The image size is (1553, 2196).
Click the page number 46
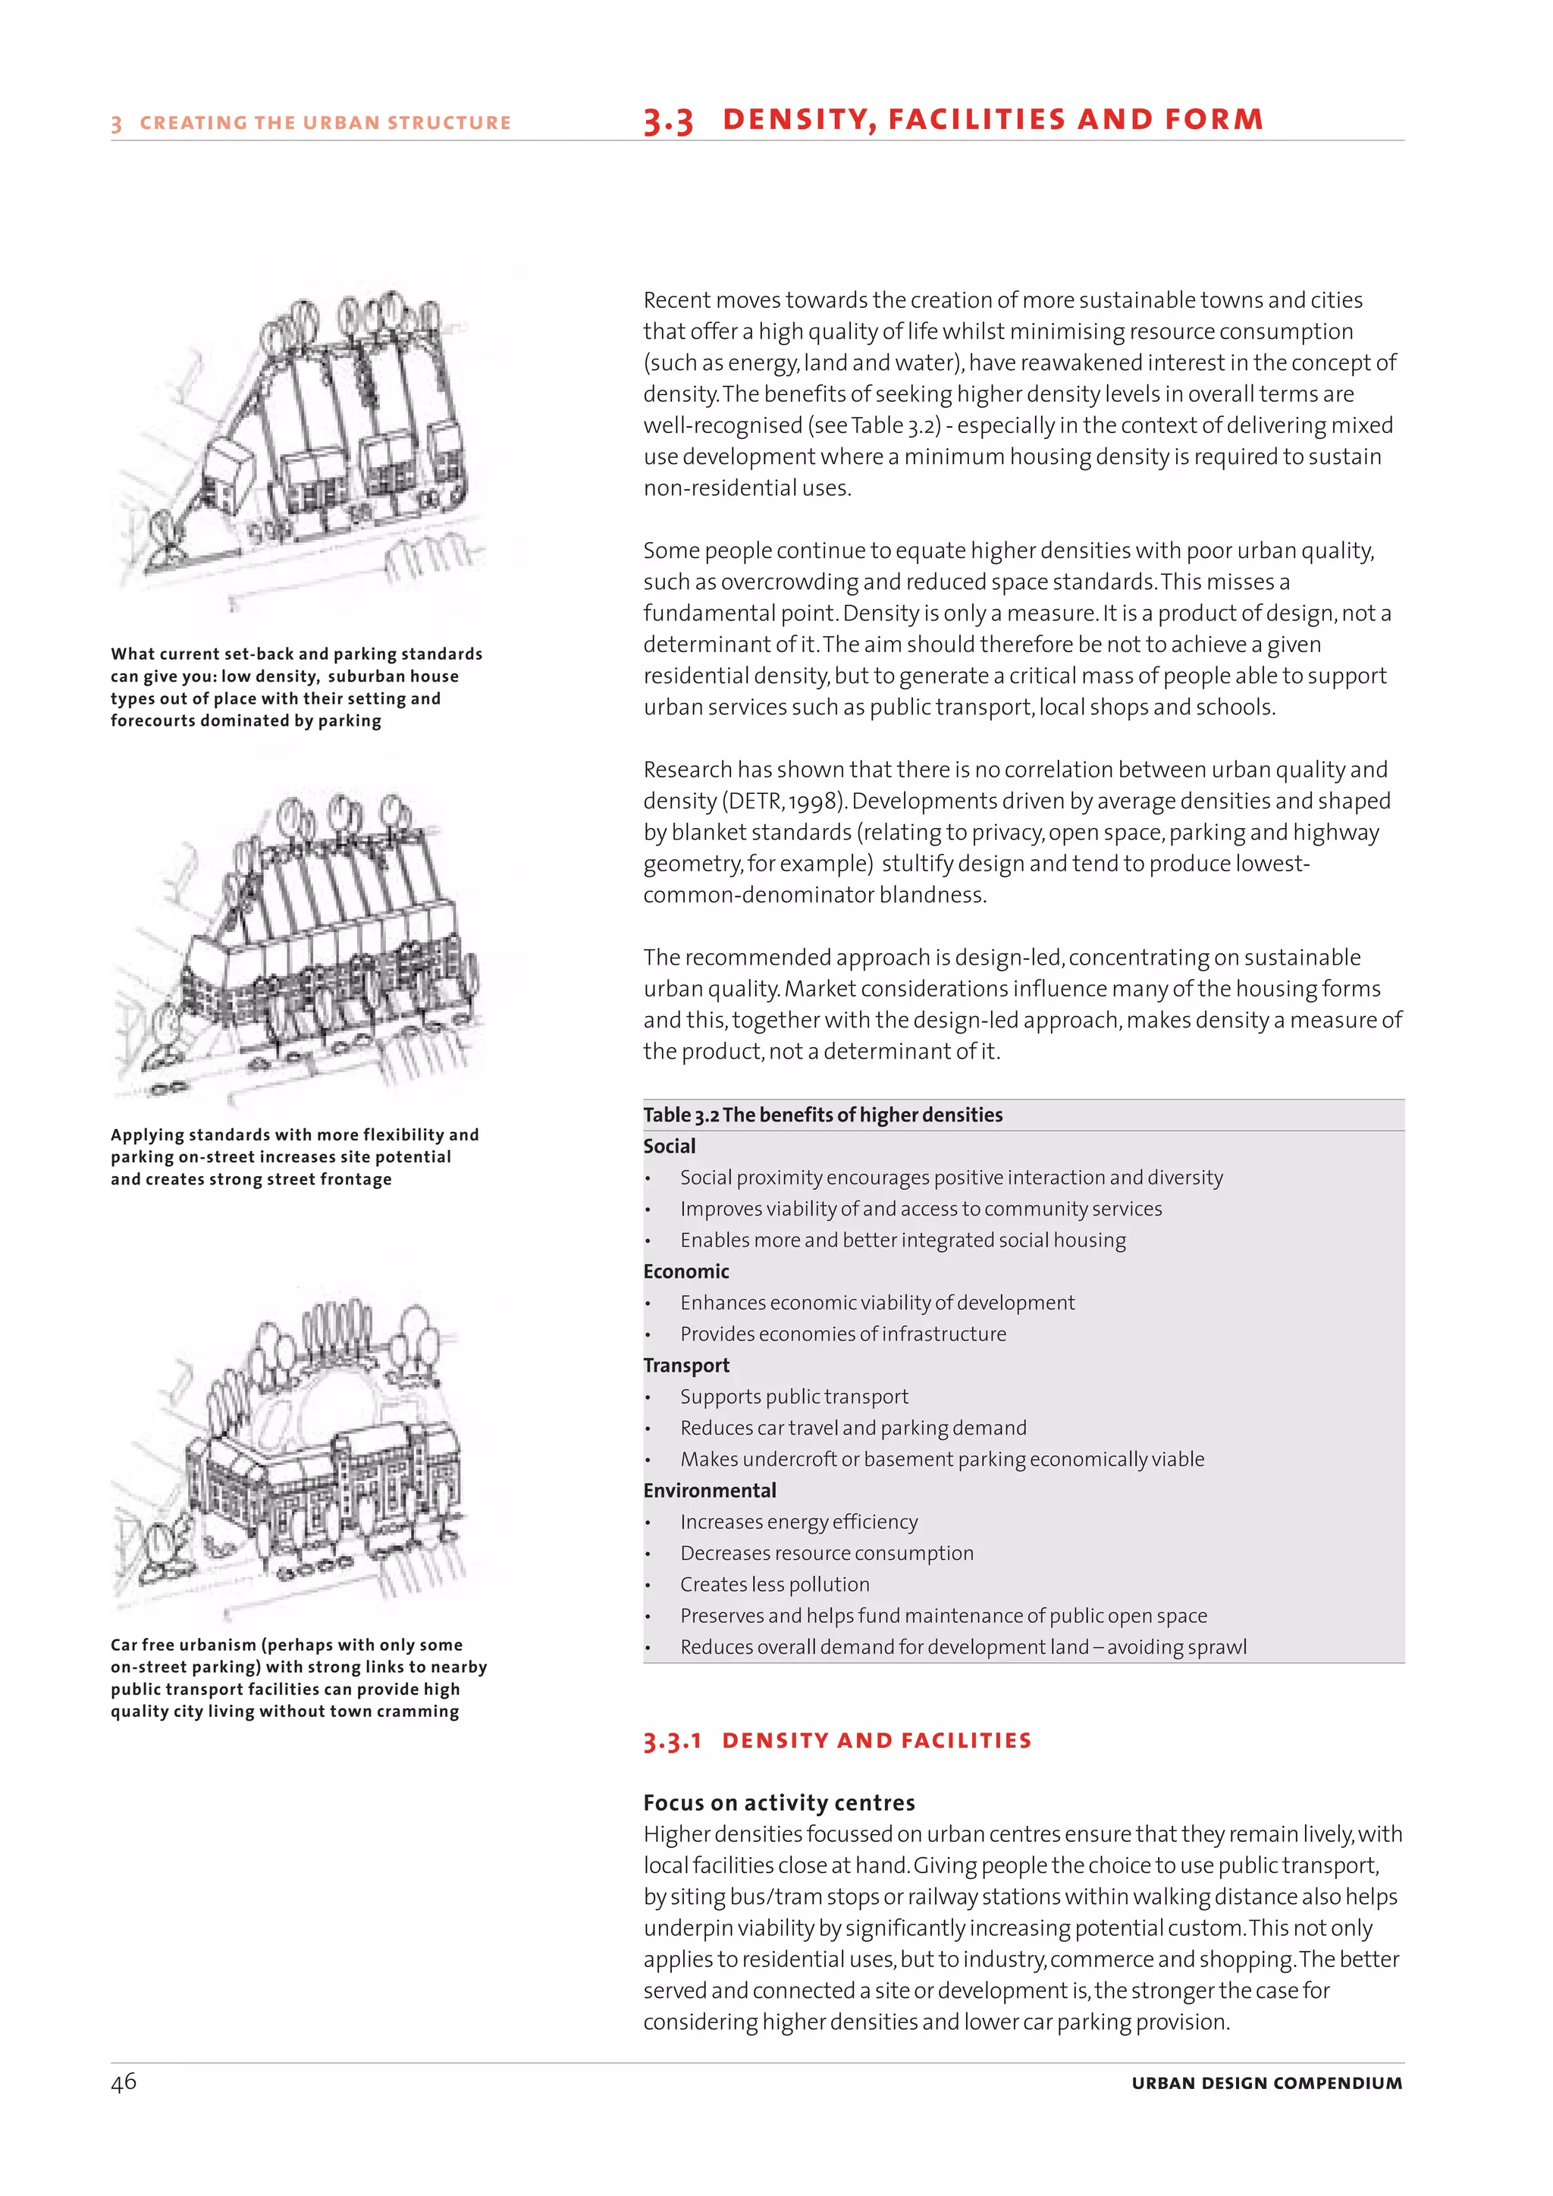click(x=124, y=2082)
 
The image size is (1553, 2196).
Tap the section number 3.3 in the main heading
click(x=667, y=121)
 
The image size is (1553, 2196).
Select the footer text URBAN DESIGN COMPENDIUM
click(x=1266, y=2083)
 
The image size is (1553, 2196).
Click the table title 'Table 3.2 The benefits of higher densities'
click(x=823, y=1114)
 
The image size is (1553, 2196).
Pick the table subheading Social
click(x=670, y=1146)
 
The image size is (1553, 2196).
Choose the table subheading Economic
click(x=686, y=1271)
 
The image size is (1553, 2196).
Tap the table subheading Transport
click(x=686, y=1365)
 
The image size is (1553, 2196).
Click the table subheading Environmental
click(x=710, y=1490)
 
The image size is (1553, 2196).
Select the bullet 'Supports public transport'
click(x=794, y=1397)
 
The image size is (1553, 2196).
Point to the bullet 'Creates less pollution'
click(x=774, y=1584)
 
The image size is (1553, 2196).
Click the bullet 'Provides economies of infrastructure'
click(x=842, y=1333)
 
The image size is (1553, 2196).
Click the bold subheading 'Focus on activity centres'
click(x=779, y=1803)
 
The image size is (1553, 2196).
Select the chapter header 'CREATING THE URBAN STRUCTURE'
click(x=325, y=122)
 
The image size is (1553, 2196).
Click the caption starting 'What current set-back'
click(x=296, y=687)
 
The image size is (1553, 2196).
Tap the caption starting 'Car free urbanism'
click(x=297, y=1677)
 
